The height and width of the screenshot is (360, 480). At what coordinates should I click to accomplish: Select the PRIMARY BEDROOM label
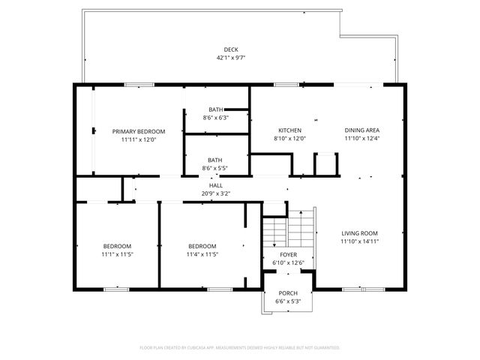click(139, 131)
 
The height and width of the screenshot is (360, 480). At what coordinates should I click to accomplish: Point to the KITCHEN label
click(289, 130)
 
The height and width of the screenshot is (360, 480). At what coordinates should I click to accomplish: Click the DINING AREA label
click(362, 130)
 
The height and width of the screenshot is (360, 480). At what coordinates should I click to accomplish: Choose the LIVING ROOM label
click(359, 233)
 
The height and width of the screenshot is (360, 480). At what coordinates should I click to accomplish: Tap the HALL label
click(216, 185)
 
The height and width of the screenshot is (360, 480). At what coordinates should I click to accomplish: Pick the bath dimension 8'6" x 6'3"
click(215, 118)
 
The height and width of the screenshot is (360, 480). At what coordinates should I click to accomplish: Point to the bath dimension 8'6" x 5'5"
click(215, 168)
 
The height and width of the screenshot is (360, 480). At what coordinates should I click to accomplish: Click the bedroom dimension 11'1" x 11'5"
click(118, 255)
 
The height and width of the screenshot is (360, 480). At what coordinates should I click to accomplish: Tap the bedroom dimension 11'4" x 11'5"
click(202, 255)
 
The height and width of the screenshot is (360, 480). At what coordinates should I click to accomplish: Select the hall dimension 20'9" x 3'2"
click(216, 193)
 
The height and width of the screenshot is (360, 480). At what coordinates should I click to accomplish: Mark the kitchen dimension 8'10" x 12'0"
click(289, 139)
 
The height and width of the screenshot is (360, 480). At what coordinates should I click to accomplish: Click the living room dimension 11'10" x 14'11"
click(359, 241)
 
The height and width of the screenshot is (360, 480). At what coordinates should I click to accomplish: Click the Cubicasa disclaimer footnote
click(240, 348)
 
